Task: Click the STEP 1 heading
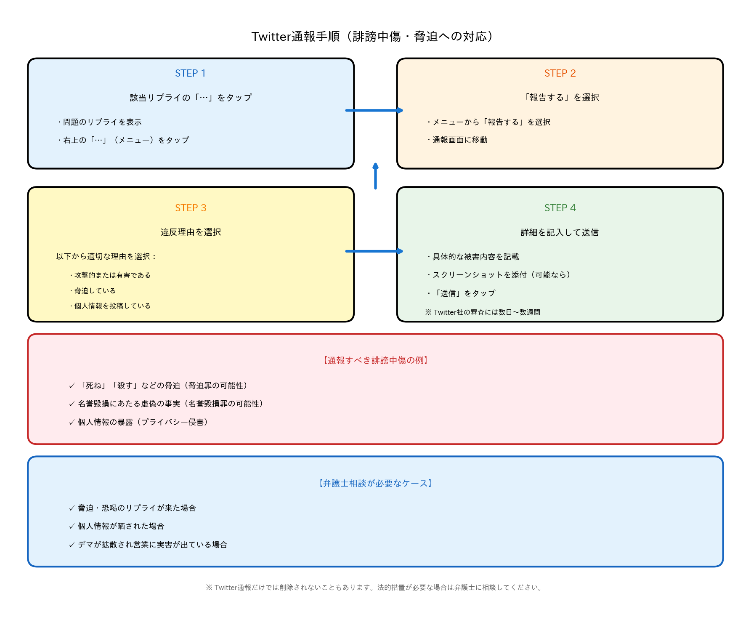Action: [190, 73]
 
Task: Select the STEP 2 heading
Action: [560, 73]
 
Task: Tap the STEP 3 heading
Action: [190, 208]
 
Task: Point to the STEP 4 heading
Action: [560, 208]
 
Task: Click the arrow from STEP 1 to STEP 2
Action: [374, 110]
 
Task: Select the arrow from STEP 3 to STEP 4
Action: [374, 251]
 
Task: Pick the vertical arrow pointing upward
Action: [375, 176]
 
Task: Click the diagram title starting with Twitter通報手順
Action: [372, 37]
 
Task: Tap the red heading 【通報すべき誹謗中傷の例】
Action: [375, 360]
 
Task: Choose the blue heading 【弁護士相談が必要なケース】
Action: [375, 483]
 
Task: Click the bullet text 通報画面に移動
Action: [459, 140]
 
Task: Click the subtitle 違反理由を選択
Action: [190, 232]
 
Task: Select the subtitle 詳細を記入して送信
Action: [560, 232]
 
